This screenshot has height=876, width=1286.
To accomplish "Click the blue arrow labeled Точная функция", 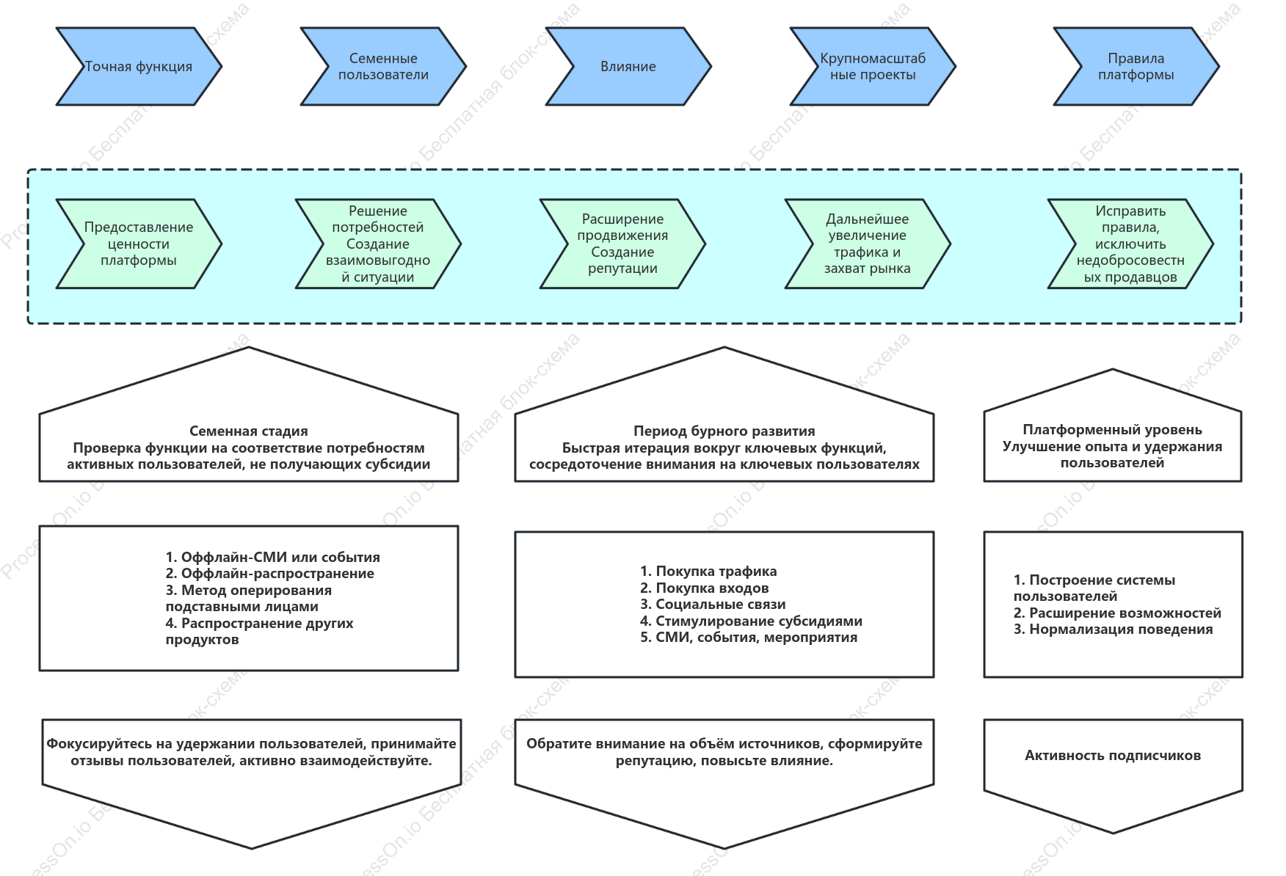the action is click(x=139, y=67).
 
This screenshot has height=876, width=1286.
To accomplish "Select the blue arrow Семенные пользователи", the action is click(x=383, y=67).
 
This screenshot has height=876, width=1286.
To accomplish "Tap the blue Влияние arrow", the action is click(x=628, y=67).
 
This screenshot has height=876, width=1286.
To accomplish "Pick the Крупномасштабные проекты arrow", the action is click(x=873, y=67).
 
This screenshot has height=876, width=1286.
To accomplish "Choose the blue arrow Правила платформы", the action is click(x=1136, y=67).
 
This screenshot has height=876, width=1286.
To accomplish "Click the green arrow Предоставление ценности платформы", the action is click(x=139, y=244).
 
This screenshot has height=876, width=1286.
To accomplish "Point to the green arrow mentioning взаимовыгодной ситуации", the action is click(x=378, y=244).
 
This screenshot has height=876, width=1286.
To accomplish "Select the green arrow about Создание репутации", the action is click(x=622, y=244).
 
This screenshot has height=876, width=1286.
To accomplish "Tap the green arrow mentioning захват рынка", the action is click(x=868, y=244).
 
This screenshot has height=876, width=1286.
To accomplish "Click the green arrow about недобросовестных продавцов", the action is click(x=1130, y=244).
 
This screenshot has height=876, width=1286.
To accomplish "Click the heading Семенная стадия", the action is click(x=249, y=431).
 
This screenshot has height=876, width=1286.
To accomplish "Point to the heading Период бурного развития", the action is click(x=724, y=431).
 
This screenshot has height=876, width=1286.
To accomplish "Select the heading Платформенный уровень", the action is click(x=1113, y=430).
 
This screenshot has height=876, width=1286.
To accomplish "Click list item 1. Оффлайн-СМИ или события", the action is click(x=273, y=558).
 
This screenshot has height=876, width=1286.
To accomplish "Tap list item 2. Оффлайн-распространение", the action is click(x=270, y=574).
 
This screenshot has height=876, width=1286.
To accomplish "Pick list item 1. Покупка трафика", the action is click(x=708, y=572).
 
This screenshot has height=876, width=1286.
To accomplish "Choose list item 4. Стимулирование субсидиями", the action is click(x=751, y=621).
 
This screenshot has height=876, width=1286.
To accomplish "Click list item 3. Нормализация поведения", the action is click(x=1114, y=629).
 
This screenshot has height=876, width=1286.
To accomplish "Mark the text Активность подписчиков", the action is click(x=1113, y=756).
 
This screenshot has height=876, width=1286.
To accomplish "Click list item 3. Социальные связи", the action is click(x=713, y=605).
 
